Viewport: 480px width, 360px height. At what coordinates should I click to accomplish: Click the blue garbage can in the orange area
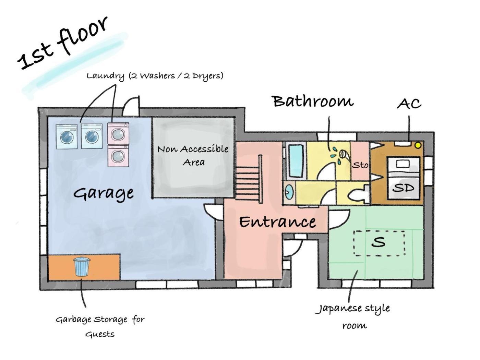(x=81, y=267)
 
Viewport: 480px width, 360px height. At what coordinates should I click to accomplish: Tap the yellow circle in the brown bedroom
(x=418, y=145)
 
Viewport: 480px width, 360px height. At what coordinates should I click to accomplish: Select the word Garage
(x=103, y=193)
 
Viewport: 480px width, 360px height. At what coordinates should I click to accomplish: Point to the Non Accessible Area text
(x=193, y=155)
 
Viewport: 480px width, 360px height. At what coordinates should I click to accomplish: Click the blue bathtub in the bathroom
(x=296, y=161)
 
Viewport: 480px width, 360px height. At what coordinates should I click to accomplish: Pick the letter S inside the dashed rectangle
(x=379, y=242)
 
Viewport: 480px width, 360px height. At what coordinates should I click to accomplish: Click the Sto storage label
(x=360, y=165)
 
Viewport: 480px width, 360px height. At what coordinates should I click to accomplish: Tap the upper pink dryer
(x=118, y=133)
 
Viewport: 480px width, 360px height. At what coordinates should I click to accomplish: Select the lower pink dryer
(x=118, y=156)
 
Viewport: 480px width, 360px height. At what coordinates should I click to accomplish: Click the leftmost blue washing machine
(x=67, y=136)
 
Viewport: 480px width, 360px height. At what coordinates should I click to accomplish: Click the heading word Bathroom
(x=313, y=101)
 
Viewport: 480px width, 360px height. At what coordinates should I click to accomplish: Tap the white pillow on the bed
(x=403, y=164)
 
